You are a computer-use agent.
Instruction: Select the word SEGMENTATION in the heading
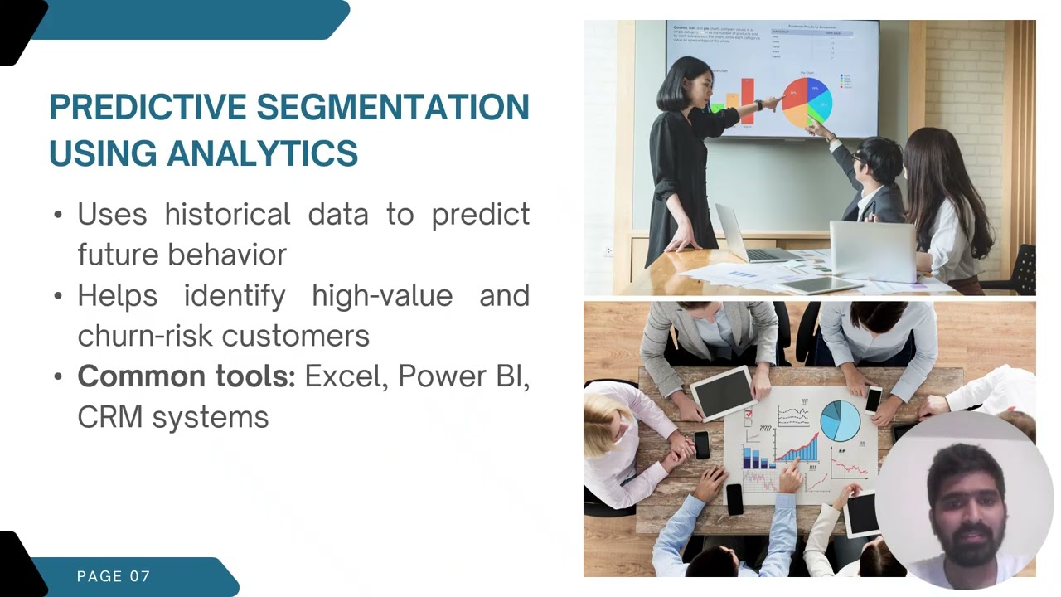coord(392,108)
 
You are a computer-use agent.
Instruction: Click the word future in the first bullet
coord(117,255)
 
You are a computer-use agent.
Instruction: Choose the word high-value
coord(382,295)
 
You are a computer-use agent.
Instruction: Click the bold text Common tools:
coord(186,376)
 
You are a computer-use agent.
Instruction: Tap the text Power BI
coord(463,376)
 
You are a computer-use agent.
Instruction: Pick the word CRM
coord(109,417)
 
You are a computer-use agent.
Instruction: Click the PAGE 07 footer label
coord(114,576)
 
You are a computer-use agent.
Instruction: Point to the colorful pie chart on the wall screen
coord(806,101)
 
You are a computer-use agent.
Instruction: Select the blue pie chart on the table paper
coord(840,420)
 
